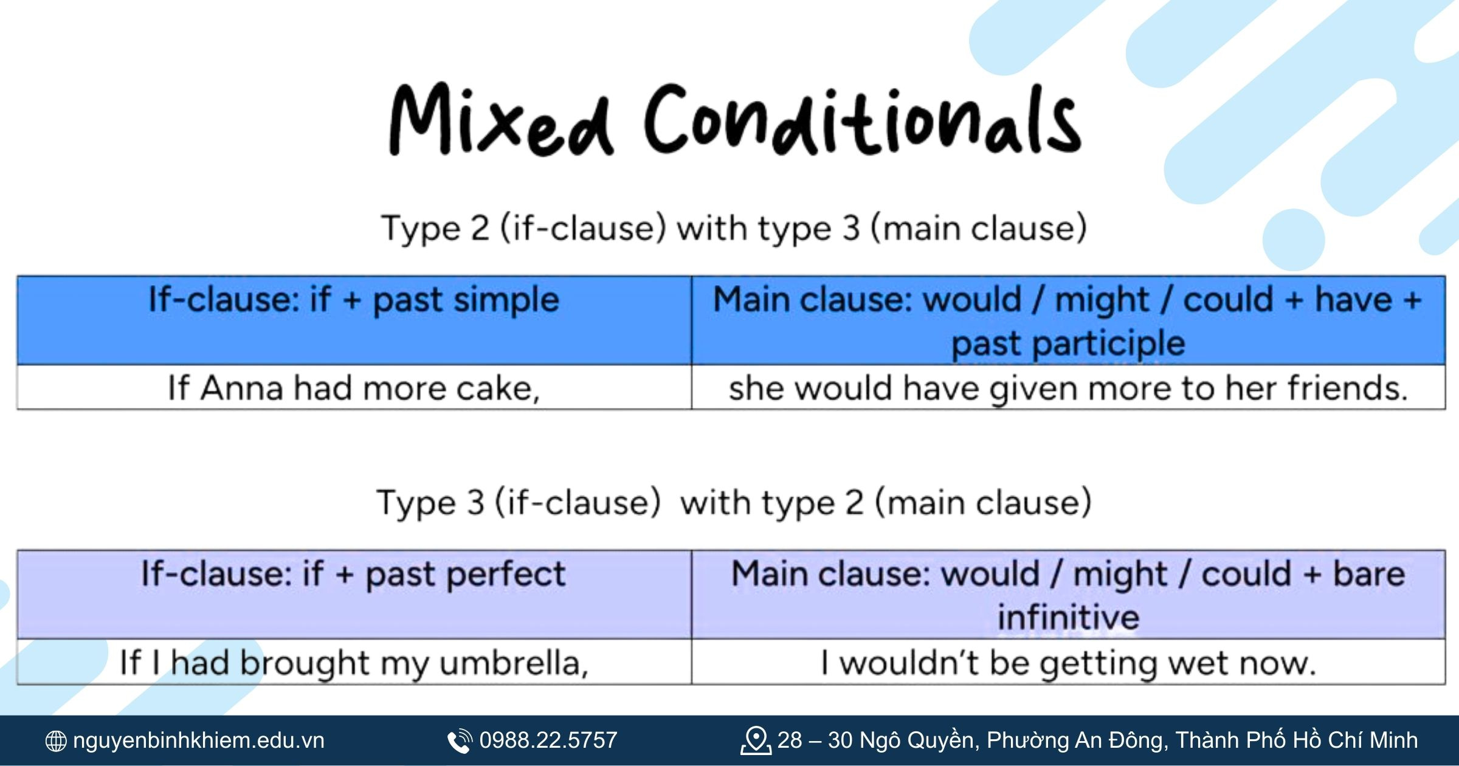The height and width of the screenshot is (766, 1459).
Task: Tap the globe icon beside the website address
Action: pyautogui.click(x=56, y=741)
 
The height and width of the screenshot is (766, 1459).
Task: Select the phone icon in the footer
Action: pyautogui.click(x=460, y=741)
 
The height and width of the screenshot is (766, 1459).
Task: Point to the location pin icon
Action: pyautogui.click(x=756, y=740)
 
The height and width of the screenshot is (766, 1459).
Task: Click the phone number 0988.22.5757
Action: pyautogui.click(x=548, y=740)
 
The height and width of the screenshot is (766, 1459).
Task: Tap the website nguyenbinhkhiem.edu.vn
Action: pyautogui.click(x=199, y=740)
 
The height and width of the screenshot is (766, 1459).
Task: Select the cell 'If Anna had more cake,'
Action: pyautogui.click(x=354, y=387)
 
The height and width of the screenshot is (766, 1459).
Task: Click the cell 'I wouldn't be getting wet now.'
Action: pyautogui.click(x=1068, y=662)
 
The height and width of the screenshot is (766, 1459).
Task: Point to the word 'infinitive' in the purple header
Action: pyautogui.click(x=1068, y=618)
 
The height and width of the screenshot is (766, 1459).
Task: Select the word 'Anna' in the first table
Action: pyautogui.click(x=242, y=388)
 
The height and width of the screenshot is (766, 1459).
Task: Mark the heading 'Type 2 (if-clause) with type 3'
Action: pyautogui.click(x=621, y=229)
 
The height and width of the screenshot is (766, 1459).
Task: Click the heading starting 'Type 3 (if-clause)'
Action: pyautogui.click(x=734, y=503)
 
